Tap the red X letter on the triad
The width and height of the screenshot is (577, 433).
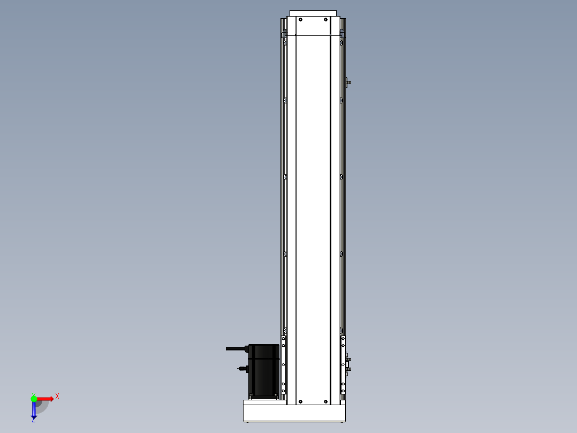pos(57,397)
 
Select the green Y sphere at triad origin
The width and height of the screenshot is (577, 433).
pos(34,399)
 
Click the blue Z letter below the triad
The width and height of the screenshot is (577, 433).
pos(34,420)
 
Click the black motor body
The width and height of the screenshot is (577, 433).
pos(264,371)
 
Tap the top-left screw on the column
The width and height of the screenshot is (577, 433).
pos(300,19)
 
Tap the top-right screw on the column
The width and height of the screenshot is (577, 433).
pos(325,19)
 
